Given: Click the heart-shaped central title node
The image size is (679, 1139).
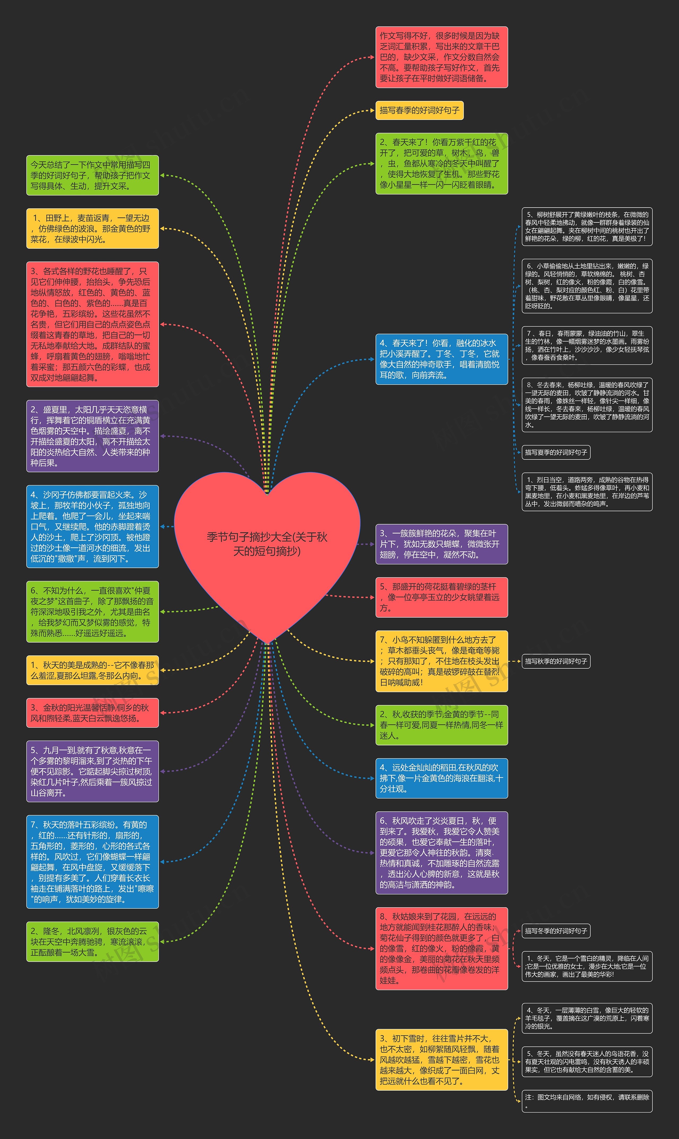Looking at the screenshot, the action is pyautogui.click(x=267, y=545).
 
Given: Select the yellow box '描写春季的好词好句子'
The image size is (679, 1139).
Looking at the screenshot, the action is pyautogui.click(x=419, y=110).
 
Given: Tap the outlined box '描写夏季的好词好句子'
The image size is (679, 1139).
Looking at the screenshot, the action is pyautogui.click(x=556, y=452).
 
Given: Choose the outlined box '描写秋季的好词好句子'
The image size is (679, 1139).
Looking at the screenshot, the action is pyautogui.click(x=556, y=661).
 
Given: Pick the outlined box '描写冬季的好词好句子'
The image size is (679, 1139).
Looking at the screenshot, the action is pyautogui.click(x=556, y=931).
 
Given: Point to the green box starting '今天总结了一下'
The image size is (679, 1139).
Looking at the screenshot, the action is pyautogui.click(x=92, y=175).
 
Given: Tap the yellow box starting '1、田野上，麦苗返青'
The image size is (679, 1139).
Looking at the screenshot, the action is pyautogui.click(x=92, y=229).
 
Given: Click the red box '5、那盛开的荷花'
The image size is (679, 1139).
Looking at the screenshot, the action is pyautogui.click(x=442, y=597).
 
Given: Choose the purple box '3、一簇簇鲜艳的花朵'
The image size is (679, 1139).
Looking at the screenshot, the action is pyautogui.click(x=442, y=544).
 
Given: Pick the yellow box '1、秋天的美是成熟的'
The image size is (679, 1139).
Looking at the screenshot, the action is pyautogui.click(x=92, y=670).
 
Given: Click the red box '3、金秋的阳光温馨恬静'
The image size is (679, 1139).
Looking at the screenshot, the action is pyautogui.click(x=92, y=713).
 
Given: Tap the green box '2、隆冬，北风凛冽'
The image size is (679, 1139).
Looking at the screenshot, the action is pyautogui.click(x=92, y=942).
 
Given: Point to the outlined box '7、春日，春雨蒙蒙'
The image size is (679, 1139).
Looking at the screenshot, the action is pyautogui.click(x=587, y=345).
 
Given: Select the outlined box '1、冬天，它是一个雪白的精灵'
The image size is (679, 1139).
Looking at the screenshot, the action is pyautogui.click(x=587, y=966).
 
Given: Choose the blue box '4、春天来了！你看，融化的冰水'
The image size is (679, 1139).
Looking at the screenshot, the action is pyautogui.click(x=442, y=359).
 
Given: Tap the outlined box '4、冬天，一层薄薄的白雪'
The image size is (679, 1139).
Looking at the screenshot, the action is pyautogui.click(x=587, y=1018).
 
